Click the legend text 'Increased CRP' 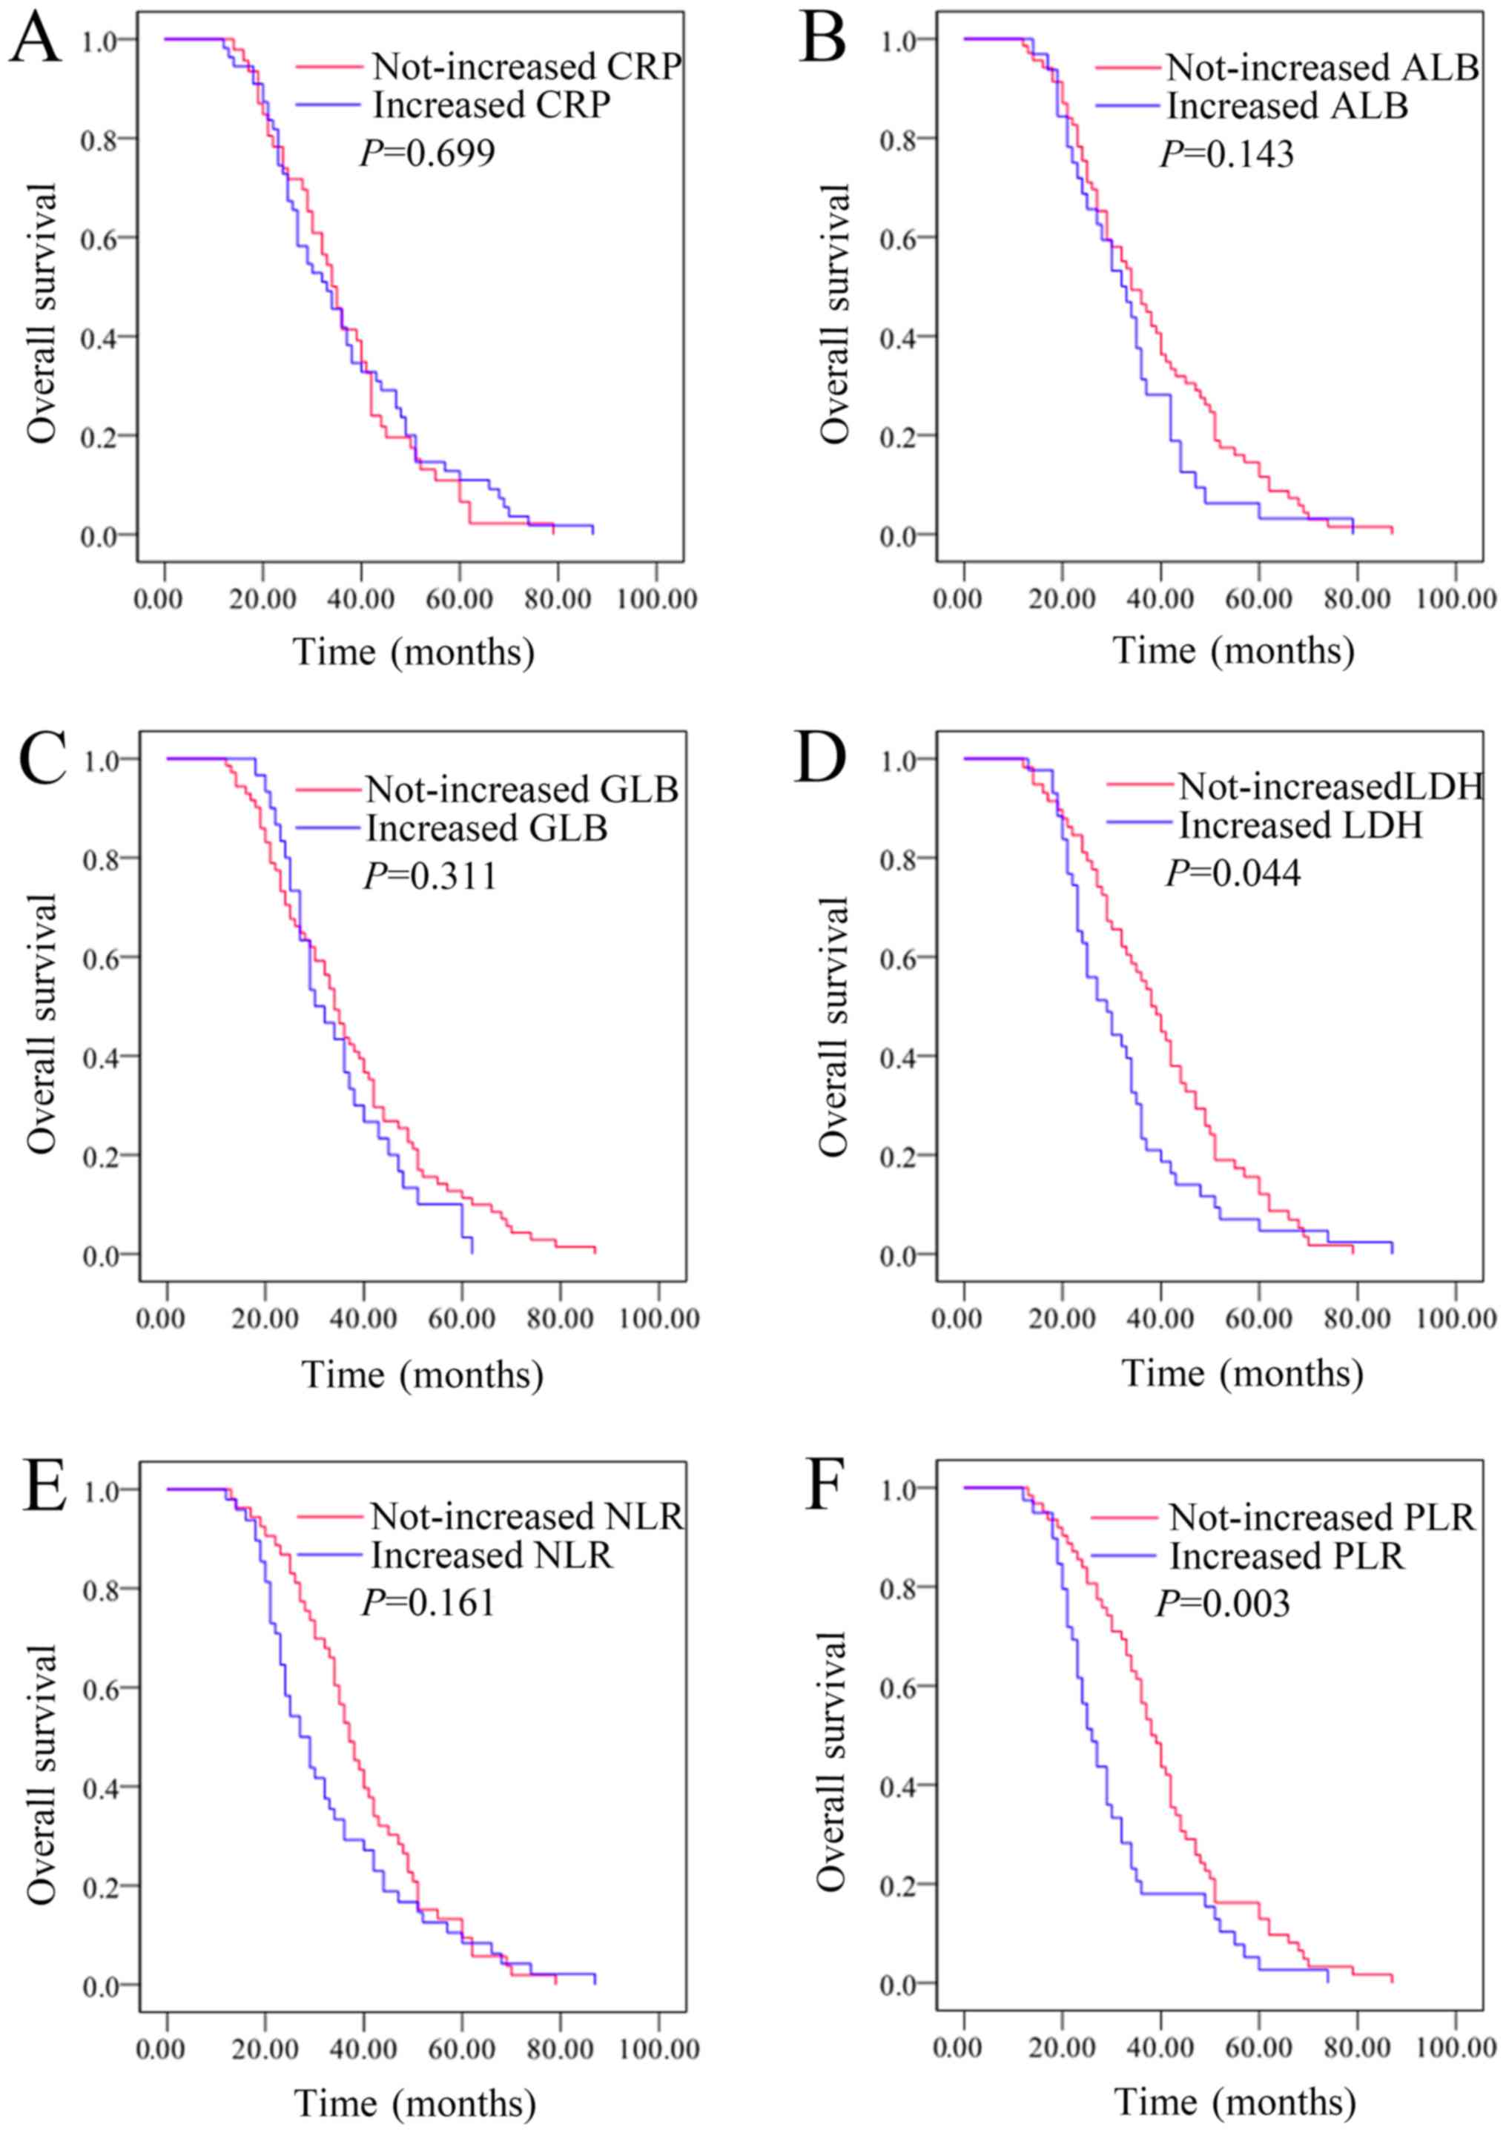click(492, 105)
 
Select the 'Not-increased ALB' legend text click(1322, 67)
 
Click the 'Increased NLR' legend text click(492, 1554)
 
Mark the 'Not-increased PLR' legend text click(1322, 1517)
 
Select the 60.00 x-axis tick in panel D click(1258, 1319)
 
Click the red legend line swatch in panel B click(1128, 67)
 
